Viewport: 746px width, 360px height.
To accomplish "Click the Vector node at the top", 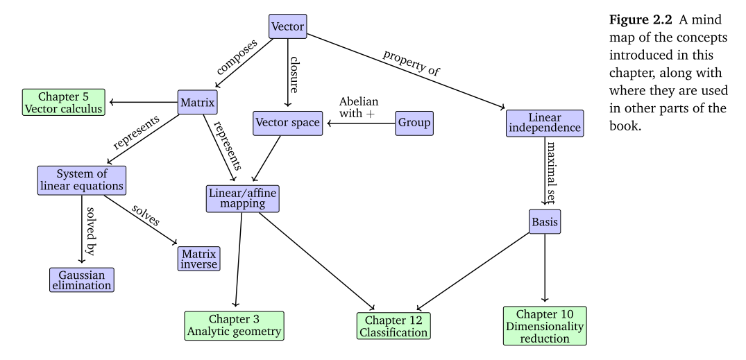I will pos(287,26).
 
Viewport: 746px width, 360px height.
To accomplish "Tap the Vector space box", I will pos(288,123).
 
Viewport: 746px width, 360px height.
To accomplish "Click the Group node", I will pos(414,123).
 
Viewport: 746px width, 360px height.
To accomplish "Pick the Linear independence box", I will pos(543,123).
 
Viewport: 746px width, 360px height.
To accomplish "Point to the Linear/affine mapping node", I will pos(242,199).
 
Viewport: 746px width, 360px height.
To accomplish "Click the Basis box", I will pos(543,222).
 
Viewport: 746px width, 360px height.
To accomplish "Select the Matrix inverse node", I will pos(199,257).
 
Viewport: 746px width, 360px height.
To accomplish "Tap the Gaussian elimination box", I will pos(81,279).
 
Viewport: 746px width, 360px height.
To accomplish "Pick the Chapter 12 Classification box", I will pos(393,325).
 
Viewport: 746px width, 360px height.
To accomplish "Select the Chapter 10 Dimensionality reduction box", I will pos(544,325).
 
